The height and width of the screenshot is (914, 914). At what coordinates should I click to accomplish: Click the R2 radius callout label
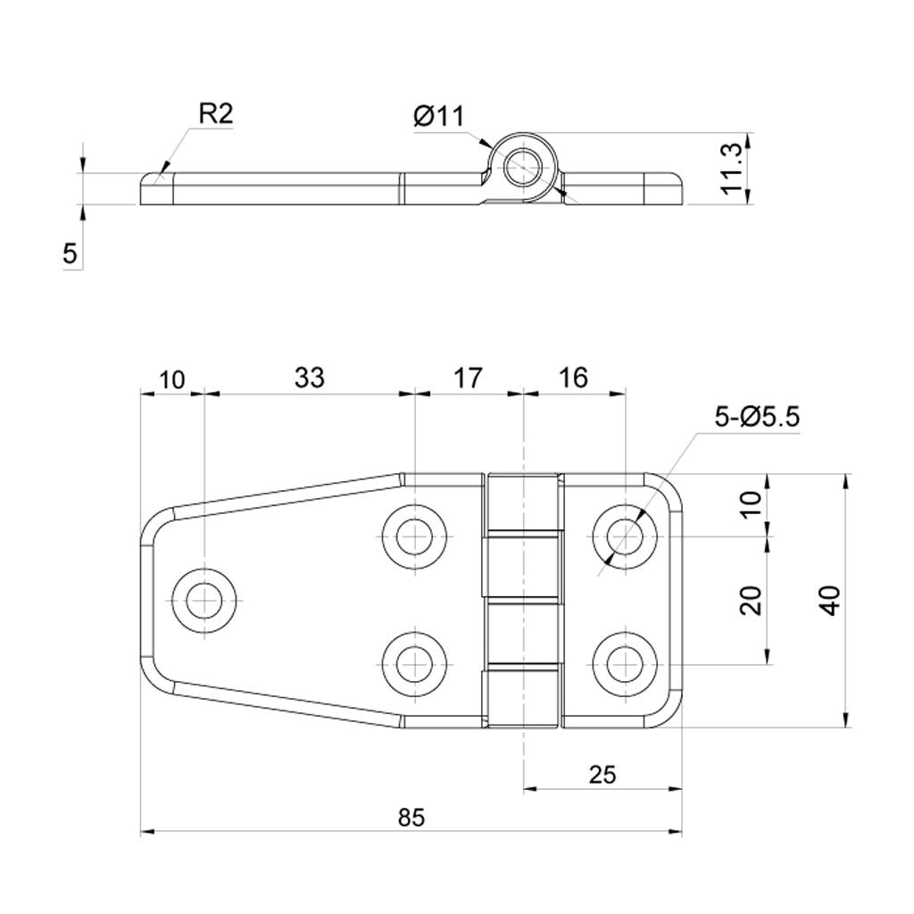click(x=216, y=113)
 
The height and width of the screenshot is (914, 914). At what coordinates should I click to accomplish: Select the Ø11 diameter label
click(x=439, y=117)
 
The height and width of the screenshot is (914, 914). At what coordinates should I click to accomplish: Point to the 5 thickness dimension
click(x=70, y=254)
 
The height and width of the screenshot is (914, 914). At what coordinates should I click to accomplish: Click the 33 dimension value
click(x=309, y=378)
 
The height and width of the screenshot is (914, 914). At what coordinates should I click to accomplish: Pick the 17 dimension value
click(x=468, y=378)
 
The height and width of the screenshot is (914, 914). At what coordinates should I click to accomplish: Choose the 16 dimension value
click(x=574, y=378)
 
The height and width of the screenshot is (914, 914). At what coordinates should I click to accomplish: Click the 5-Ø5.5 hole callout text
click(x=757, y=417)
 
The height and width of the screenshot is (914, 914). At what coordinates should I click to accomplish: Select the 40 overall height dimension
click(x=831, y=601)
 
